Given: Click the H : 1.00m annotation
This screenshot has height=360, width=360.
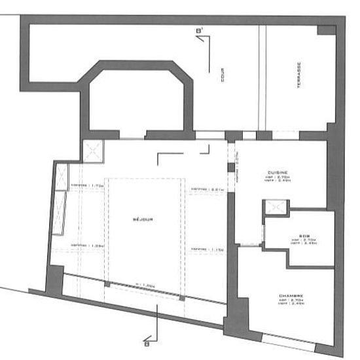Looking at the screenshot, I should pyautogui.click(x=145, y=285).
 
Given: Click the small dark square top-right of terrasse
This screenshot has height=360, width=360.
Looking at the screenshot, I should pyautogui.click(x=325, y=30).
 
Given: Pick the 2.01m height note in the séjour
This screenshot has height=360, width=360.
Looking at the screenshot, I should pyautogui.click(x=204, y=190).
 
